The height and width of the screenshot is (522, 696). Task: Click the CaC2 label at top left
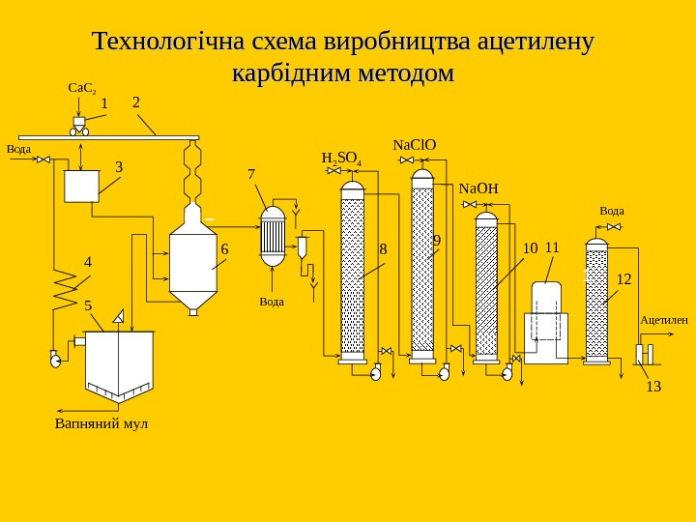tap(80, 88)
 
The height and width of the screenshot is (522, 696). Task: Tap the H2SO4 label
tap(341, 159)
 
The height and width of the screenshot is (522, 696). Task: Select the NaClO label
tap(414, 145)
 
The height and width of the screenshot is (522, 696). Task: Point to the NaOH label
tap(478, 188)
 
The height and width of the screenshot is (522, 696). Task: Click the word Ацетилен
tap(663, 319)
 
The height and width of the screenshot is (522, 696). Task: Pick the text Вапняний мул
tap(101, 423)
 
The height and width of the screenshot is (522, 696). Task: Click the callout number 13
tap(653, 387)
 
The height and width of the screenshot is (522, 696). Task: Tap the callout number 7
tap(251, 174)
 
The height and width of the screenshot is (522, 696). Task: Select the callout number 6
tap(224, 249)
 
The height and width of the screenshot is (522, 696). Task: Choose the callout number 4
tap(88, 262)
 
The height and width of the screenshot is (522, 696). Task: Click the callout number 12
tap(623, 279)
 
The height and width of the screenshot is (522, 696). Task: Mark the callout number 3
tap(119, 166)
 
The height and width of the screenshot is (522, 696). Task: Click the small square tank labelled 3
tap(81, 186)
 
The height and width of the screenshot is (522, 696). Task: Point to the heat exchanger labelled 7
tap(274, 236)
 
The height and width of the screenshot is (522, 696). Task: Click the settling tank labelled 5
tap(119, 363)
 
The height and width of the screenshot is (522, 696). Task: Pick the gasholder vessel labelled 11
tap(546, 324)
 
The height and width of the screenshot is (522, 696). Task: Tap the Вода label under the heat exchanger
tap(272, 302)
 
